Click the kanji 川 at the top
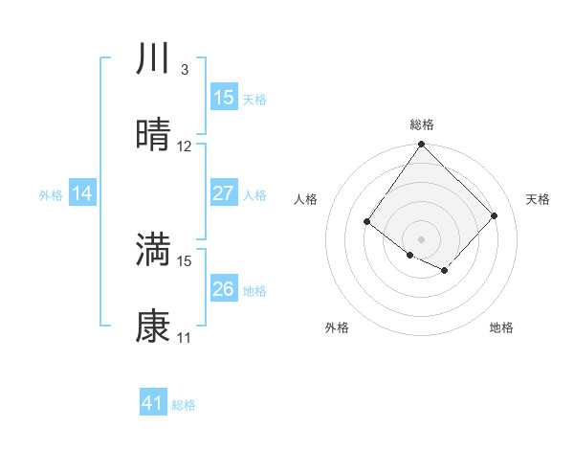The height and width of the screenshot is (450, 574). click(154, 59)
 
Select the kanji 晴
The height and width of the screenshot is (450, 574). click(154, 136)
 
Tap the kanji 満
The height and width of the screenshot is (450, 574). click(154, 250)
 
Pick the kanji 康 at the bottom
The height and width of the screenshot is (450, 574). click(154, 327)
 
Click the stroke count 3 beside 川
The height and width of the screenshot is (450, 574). click(184, 70)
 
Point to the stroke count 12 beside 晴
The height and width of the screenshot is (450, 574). click(185, 146)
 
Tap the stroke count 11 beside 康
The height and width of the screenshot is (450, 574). click(185, 338)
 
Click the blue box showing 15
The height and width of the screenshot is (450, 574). click(224, 98)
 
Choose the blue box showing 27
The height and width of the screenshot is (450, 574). click(224, 193)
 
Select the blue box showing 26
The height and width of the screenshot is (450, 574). click(224, 289)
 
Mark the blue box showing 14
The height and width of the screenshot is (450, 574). click(82, 193)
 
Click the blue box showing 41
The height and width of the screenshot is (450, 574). click(153, 403)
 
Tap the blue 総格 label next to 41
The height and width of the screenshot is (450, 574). click(184, 405)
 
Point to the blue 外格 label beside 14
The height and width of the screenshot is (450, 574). click(51, 195)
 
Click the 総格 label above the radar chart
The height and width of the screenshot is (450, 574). click(421, 124)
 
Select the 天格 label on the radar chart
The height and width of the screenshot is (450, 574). click(538, 199)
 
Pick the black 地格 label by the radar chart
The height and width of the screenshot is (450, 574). click(501, 328)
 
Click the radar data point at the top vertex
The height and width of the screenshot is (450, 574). click(421, 145)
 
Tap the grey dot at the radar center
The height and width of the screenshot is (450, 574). click(421, 238)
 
